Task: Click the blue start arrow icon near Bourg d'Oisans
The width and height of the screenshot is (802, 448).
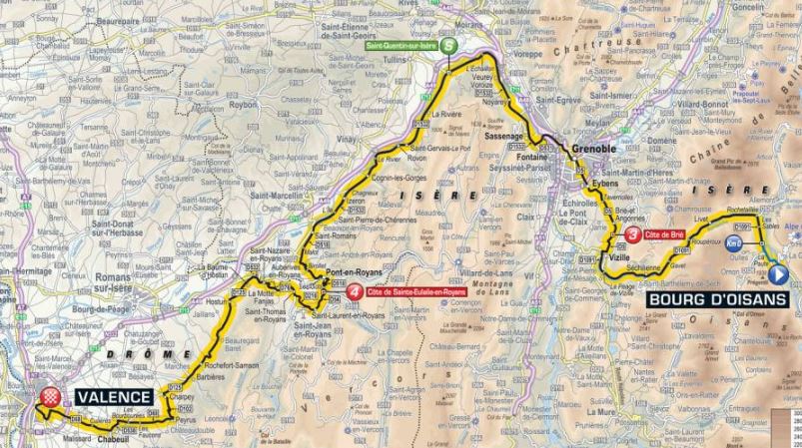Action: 780,274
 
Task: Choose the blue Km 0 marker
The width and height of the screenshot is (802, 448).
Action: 735,241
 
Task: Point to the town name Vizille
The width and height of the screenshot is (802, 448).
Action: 618,256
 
